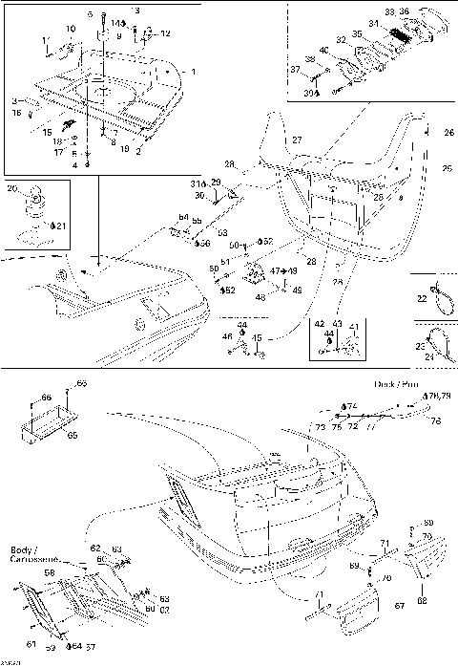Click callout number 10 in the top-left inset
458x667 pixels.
72,29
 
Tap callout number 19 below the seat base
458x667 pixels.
124,150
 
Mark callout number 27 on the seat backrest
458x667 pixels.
297,140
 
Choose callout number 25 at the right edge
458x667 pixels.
448,168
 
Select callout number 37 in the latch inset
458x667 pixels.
322,70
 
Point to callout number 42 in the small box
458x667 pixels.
319,325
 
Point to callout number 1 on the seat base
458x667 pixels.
194,72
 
